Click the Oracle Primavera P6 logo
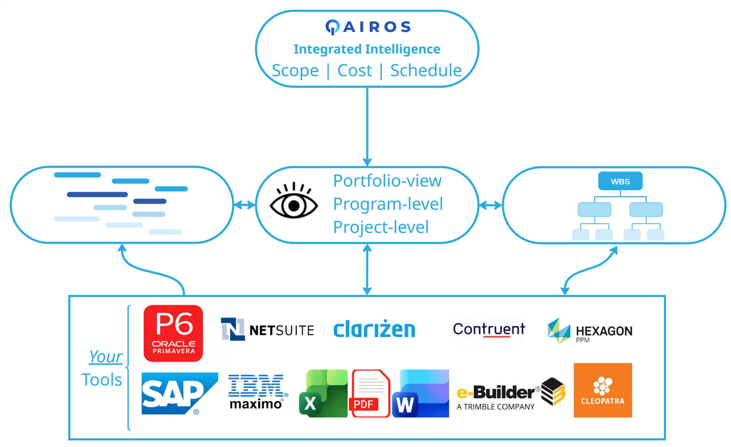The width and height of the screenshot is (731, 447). tap(173, 333)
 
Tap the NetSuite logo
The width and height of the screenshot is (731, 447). tap(268, 329)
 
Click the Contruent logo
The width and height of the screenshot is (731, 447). tap(489, 329)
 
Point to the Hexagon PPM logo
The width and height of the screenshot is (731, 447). tap(590, 331)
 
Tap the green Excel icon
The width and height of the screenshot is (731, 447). tap(323, 394)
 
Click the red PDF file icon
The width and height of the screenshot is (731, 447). tap(370, 394)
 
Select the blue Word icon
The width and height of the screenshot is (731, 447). tap(420, 394)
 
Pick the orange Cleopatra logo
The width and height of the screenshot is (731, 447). tap(603, 390)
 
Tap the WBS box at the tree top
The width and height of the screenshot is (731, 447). tap(620, 181)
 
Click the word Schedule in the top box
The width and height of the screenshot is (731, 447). tap(426, 71)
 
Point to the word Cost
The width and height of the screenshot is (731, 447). tap(354, 71)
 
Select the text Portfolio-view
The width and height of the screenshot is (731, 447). tap(387, 181)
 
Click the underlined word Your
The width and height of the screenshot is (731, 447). tap(106, 356)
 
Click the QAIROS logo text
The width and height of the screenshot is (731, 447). tap(368, 27)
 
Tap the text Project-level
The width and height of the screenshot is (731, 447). tap(381, 227)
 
